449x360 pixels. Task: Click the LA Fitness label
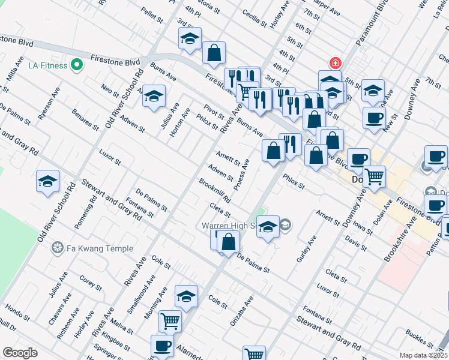point(47,64)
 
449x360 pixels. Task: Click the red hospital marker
point(334,63)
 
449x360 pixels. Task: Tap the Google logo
point(20,353)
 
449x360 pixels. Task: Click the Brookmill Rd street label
point(215,190)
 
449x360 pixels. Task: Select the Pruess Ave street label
point(242,174)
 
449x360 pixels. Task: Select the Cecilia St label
point(254,16)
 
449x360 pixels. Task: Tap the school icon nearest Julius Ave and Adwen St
point(154,97)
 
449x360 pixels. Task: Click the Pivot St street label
point(213,112)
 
